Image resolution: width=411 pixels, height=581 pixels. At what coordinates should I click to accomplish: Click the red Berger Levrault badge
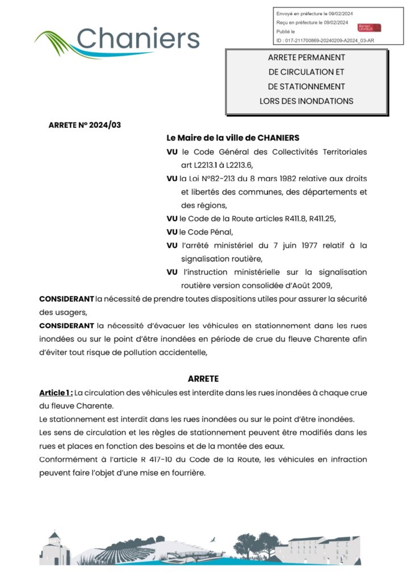tap(369, 27)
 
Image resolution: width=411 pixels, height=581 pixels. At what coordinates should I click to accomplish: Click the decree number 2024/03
tap(106, 125)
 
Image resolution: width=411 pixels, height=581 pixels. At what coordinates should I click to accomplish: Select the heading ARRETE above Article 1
tap(203, 378)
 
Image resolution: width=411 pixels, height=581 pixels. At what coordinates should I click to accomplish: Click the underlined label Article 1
tap(56, 392)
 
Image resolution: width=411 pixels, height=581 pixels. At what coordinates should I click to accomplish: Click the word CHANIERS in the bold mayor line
tap(278, 138)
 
